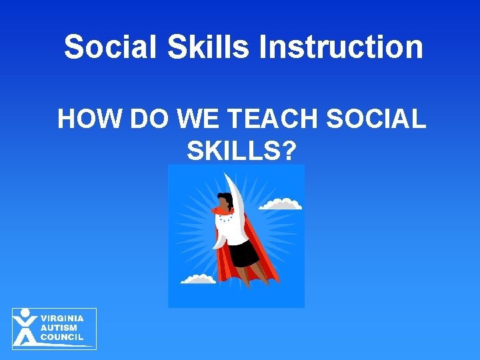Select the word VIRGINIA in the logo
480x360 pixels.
click(x=62, y=319)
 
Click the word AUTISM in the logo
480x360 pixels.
click(x=59, y=328)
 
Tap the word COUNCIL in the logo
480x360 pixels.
click(x=62, y=337)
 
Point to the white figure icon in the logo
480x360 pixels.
click(x=25, y=327)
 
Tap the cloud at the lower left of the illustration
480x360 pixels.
click(x=198, y=279)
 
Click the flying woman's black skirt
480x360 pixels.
click(x=245, y=253)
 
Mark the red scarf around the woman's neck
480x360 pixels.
click(x=221, y=211)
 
